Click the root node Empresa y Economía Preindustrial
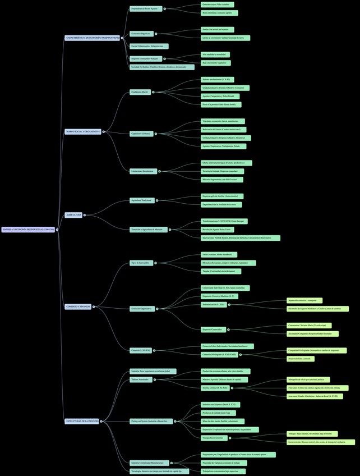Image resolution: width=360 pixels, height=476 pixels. pyautogui.click(x=28, y=230)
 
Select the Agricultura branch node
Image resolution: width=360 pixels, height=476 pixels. pyautogui.click(x=73, y=214)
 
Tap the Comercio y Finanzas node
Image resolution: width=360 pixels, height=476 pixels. pyautogui.click(x=78, y=306)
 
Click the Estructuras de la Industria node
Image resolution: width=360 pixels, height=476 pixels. pyautogui.click(x=82, y=421)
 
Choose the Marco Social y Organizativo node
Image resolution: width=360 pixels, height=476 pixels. pyautogui.click(x=83, y=132)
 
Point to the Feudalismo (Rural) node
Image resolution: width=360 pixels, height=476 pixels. pyautogui.click(x=140, y=91)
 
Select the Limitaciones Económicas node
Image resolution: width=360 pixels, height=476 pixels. pyautogui.click(x=143, y=171)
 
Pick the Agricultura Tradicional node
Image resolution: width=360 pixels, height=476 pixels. pyautogui.click(x=141, y=200)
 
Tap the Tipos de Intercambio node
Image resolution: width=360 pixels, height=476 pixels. pyautogui.click(x=140, y=263)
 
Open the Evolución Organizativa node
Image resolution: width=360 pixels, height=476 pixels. pyautogui.click(x=143, y=308)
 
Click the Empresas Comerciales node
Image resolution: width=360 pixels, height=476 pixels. pyautogui.click(x=213, y=329)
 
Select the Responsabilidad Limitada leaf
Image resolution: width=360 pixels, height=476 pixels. pyautogui.click(x=299, y=359)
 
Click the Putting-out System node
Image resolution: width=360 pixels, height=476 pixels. pyautogui.click(x=151, y=421)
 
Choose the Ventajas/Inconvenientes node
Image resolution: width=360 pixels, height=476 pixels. pyautogui.click(x=213, y=438)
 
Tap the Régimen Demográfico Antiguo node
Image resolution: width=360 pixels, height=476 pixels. pyautogui.click(x=145, y=58)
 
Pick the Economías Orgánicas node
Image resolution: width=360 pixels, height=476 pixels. pyautogui.click(x=141, y=34)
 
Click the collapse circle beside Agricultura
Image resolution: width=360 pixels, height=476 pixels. pyautogui.click(x=85, y=214)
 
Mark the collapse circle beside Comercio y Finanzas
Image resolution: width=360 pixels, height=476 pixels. pyautogui.click(x=94, y=306)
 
